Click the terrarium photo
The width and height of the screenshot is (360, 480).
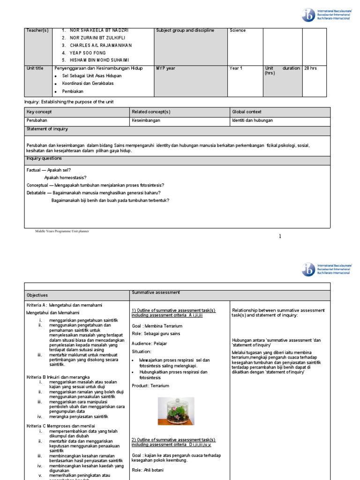[176, 411]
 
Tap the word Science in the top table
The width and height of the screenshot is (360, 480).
[238, 30]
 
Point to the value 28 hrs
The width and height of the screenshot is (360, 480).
[310, 68]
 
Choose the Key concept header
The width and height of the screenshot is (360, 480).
[39, 112]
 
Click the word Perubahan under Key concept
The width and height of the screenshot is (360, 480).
[37, 120]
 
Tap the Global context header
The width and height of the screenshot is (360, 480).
[247, 112]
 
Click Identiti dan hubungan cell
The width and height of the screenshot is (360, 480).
[252, 120]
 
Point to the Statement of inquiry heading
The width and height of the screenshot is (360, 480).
[47, 128]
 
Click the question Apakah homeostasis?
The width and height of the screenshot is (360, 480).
[65, 178]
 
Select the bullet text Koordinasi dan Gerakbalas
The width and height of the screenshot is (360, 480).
[88, 83]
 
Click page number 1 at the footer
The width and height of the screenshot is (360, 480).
[280, 236]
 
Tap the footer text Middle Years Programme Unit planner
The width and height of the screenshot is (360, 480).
[61, 231]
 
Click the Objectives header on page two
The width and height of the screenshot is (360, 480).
[37, 295]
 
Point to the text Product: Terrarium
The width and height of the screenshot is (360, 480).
[150, 386]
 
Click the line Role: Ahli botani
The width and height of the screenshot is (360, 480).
[148, 470]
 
